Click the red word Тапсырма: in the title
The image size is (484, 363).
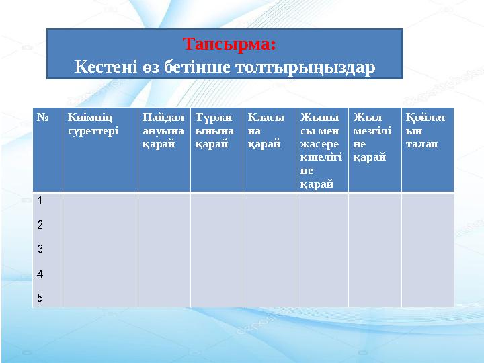point(229,44)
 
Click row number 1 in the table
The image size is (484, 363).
point(40,200)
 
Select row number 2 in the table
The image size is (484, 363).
point(40,225)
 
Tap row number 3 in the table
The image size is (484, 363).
point(40,249)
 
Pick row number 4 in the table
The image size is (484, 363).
point(40,274)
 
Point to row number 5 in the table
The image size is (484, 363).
point(40,298)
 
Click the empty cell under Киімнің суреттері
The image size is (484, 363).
point(100,249)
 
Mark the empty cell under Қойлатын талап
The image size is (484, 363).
point(428,249)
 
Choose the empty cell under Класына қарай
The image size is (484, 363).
point(269,249)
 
